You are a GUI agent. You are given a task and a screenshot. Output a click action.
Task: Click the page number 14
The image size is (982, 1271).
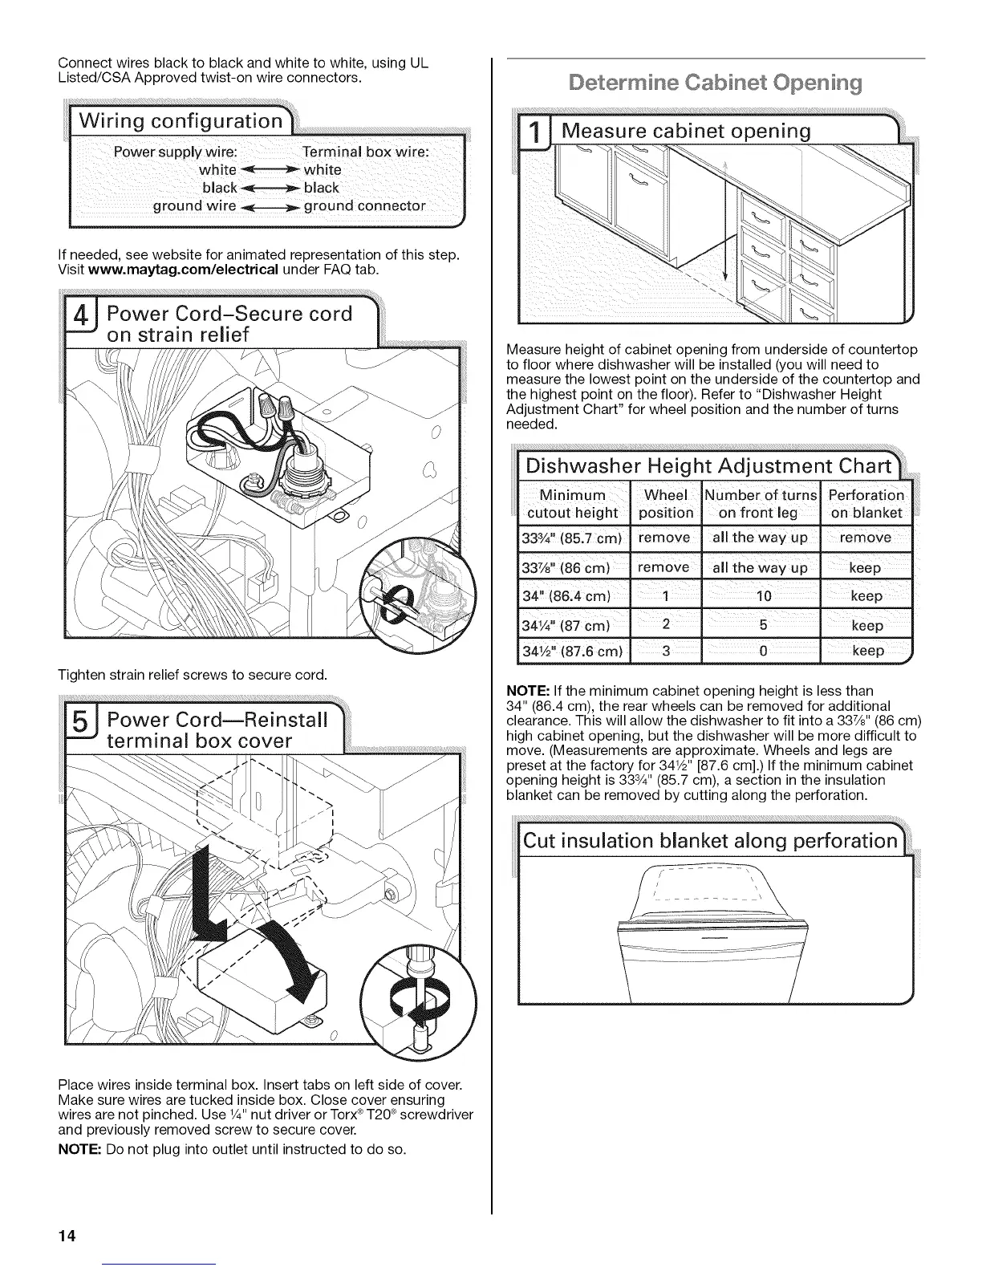(67, 1236)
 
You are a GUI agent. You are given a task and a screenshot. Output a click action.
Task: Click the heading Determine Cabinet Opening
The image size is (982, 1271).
(716, 83)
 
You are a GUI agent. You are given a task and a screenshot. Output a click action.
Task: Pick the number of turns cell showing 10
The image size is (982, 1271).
(761, 595)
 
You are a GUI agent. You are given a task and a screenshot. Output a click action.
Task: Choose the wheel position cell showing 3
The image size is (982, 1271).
(666, 650)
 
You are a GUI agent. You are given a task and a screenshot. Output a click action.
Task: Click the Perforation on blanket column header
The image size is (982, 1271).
(866, 504)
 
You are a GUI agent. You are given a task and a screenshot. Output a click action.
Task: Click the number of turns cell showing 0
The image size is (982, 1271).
(761, 650)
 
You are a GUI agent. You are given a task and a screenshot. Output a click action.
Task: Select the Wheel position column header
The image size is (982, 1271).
(666, 504)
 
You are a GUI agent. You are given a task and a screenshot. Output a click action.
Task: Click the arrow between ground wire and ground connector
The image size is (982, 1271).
(270, 206)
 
